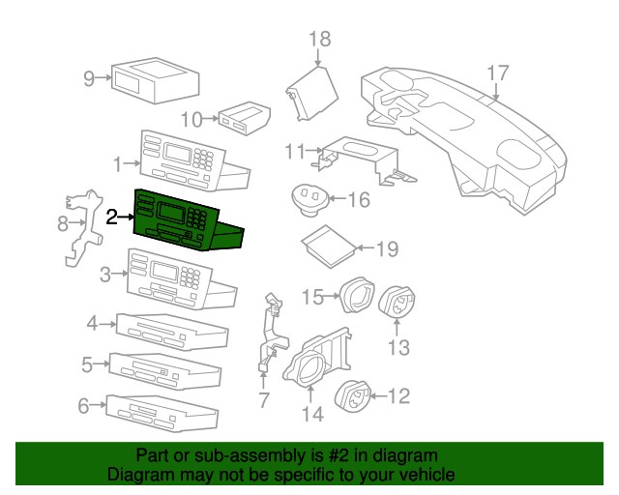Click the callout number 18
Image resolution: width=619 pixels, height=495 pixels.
[320, 40]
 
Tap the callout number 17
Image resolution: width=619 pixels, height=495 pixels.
[498, 73]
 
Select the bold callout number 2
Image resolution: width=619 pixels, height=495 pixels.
[112, 218]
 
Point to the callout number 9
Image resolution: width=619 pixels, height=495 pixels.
[89, 78]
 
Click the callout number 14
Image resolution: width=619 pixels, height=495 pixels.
[312, 414]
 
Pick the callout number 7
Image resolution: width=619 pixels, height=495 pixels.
[264, 399]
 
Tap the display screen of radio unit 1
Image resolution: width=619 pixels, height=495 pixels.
[177, 153]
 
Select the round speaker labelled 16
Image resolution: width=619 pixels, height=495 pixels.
[309, 200]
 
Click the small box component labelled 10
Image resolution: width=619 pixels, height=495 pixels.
[245, 118]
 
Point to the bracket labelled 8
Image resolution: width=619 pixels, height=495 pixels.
[83, 227]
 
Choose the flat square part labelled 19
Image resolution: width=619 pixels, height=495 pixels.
[329, 247]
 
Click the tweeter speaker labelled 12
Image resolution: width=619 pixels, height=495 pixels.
[352, 395]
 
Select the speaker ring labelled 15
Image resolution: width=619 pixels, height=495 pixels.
[357, 295]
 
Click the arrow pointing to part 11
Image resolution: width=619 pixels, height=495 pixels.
[314, 150]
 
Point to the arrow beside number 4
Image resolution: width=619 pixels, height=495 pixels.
[107, 325]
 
